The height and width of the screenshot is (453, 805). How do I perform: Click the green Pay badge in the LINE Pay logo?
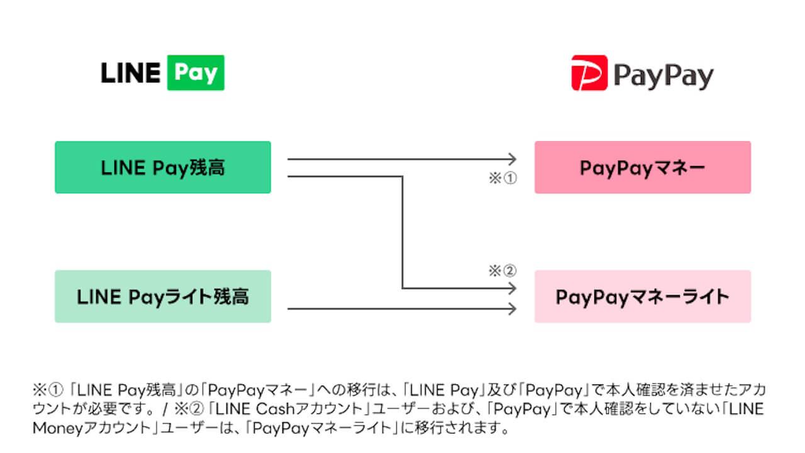point(196,72)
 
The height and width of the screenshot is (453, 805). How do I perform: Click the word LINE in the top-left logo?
point(130,73)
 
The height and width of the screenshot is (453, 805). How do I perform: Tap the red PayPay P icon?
point(589,72)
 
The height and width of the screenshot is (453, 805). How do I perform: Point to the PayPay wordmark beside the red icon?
point(663,76)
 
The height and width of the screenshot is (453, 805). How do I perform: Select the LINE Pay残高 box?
point(163,167)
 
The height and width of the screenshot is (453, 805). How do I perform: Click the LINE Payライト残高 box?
point(163,296)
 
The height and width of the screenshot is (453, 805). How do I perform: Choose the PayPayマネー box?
point(643,167)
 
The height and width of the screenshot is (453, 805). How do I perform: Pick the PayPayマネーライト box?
point(643,296)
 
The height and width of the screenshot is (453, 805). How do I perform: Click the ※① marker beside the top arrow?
point(502,178)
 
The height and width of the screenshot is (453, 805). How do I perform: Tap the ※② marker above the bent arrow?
point(502,271)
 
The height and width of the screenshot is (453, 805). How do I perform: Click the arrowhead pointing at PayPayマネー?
point(512,159)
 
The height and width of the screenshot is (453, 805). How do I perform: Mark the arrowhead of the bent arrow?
point(512,288)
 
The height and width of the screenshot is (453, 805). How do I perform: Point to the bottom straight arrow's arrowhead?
point(512,308)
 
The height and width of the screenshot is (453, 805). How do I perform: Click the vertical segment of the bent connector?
point(402,232)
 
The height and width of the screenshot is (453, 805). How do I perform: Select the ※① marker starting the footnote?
point(48,389)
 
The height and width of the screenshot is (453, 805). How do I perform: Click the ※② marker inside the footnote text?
point(189,409)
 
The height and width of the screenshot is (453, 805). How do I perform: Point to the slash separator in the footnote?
point(165,409)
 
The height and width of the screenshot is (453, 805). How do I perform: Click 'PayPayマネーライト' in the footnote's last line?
point(322,428)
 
